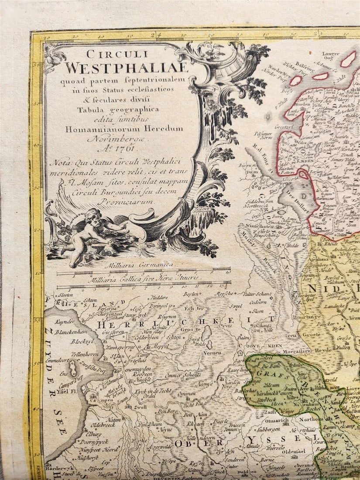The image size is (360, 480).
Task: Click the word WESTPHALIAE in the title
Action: point(127,68)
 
